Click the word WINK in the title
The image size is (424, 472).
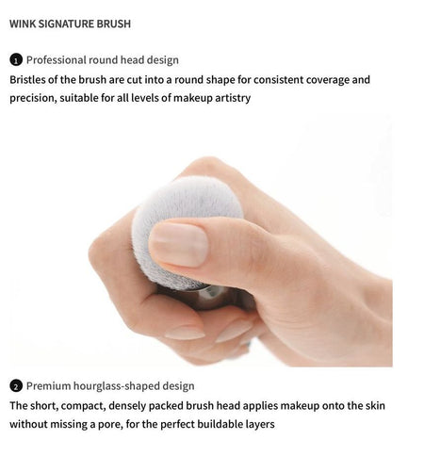coord(23,24)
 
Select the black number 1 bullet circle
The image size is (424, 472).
coord(16,60)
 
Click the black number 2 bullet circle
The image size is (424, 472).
coord(16,386)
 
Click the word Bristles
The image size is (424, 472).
coord(27,79)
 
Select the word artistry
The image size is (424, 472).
coord(233,98)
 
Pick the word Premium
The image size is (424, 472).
coord(48,386)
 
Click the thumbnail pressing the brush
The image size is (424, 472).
coord(178,244)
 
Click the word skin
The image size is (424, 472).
coord(375,405)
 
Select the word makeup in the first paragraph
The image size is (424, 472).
coord(193,98)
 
